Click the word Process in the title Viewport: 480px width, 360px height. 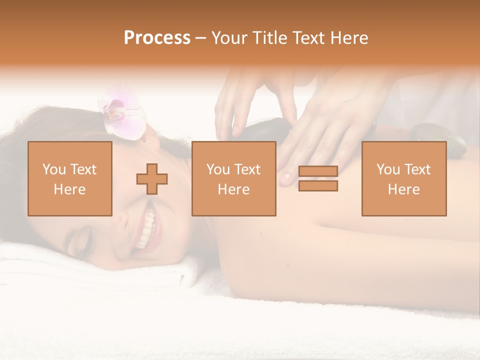tap(157, 38)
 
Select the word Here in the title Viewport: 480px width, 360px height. tap(348, 38)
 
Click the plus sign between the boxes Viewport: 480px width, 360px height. tap(152, 179)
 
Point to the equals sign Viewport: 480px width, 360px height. tap(318, 178)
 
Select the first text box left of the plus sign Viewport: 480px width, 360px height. tap(69, 178)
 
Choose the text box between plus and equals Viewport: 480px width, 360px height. tap(233, 178)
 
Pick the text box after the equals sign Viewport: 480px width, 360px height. tap(403, 178)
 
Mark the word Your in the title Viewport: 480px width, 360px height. tap(228, 38)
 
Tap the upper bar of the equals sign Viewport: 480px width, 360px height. tap(318, 171)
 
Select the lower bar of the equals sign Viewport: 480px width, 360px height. tap(318, 185)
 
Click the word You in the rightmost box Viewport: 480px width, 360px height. tap(388, 169)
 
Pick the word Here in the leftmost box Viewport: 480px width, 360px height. tap(69, 189)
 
